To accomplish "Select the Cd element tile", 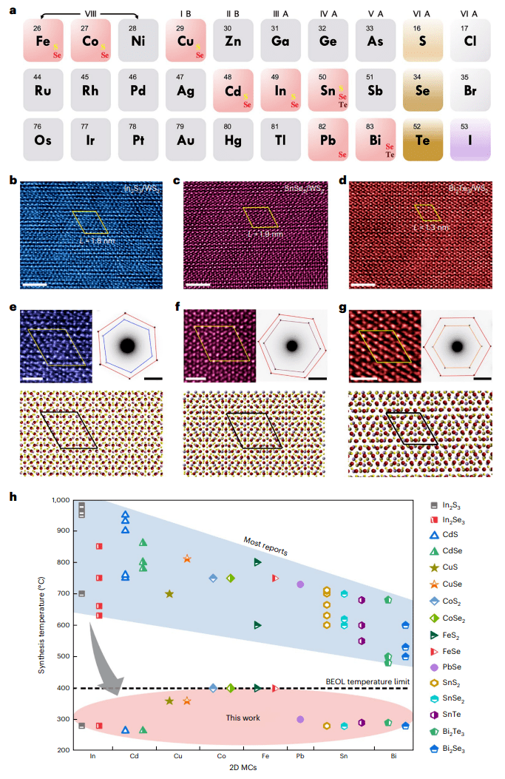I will click(x=234, y=90).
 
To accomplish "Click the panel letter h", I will click(x=13, y=496).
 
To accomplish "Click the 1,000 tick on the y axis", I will click(x=61, y=500).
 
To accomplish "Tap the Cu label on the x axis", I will click(x=177, y=756).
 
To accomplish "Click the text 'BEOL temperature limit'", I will click(x=367, y=681).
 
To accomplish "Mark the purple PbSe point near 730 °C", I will click(x=300, y=584).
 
